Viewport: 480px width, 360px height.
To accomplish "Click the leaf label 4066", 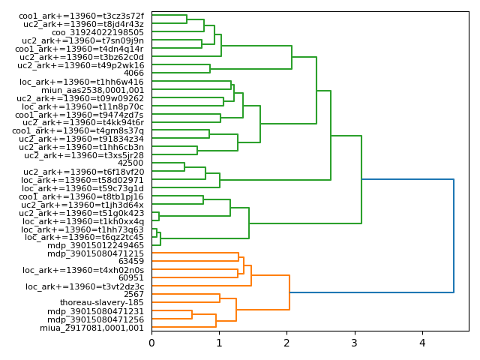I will coord(133,73).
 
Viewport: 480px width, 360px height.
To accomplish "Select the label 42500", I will coord(130,163).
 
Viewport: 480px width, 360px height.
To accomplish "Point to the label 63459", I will coord(131,262).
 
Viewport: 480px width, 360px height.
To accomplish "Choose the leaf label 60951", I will coord(131,278).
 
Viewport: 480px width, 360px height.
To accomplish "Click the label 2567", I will coord(133,295).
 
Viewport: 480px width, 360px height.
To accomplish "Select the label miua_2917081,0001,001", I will coord(91,328).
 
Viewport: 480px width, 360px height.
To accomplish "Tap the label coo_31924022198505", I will coord(97,32).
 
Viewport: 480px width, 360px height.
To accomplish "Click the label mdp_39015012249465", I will coord(95,245).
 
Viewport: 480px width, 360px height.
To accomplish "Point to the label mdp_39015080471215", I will coord(95,253).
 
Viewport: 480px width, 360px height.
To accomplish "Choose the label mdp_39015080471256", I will coord(95,319).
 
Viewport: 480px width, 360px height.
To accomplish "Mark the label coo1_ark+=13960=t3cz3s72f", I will coord(81,16).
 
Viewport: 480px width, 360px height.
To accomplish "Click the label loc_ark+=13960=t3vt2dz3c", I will coord(85,286).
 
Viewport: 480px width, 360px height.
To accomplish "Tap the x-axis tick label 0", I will coord(151,343).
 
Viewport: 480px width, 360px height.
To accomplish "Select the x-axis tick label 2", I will coord(286,343).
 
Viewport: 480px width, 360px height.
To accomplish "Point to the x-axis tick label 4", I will coord(422,343).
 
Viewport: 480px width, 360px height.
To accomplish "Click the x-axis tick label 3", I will coord(355,343).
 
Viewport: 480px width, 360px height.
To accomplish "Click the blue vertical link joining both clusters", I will coord(454,235).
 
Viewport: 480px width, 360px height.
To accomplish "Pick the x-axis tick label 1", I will coord(219,343).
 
